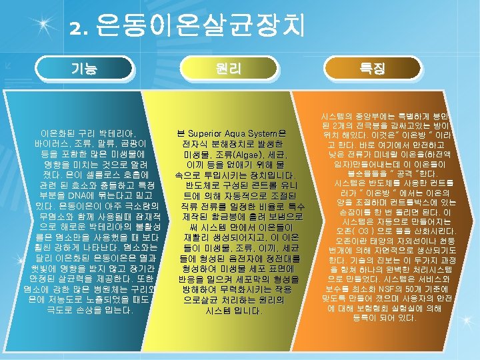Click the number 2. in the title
coord(79,28)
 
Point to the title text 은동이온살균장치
coord(200,27)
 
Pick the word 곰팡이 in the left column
coord(138,143)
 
